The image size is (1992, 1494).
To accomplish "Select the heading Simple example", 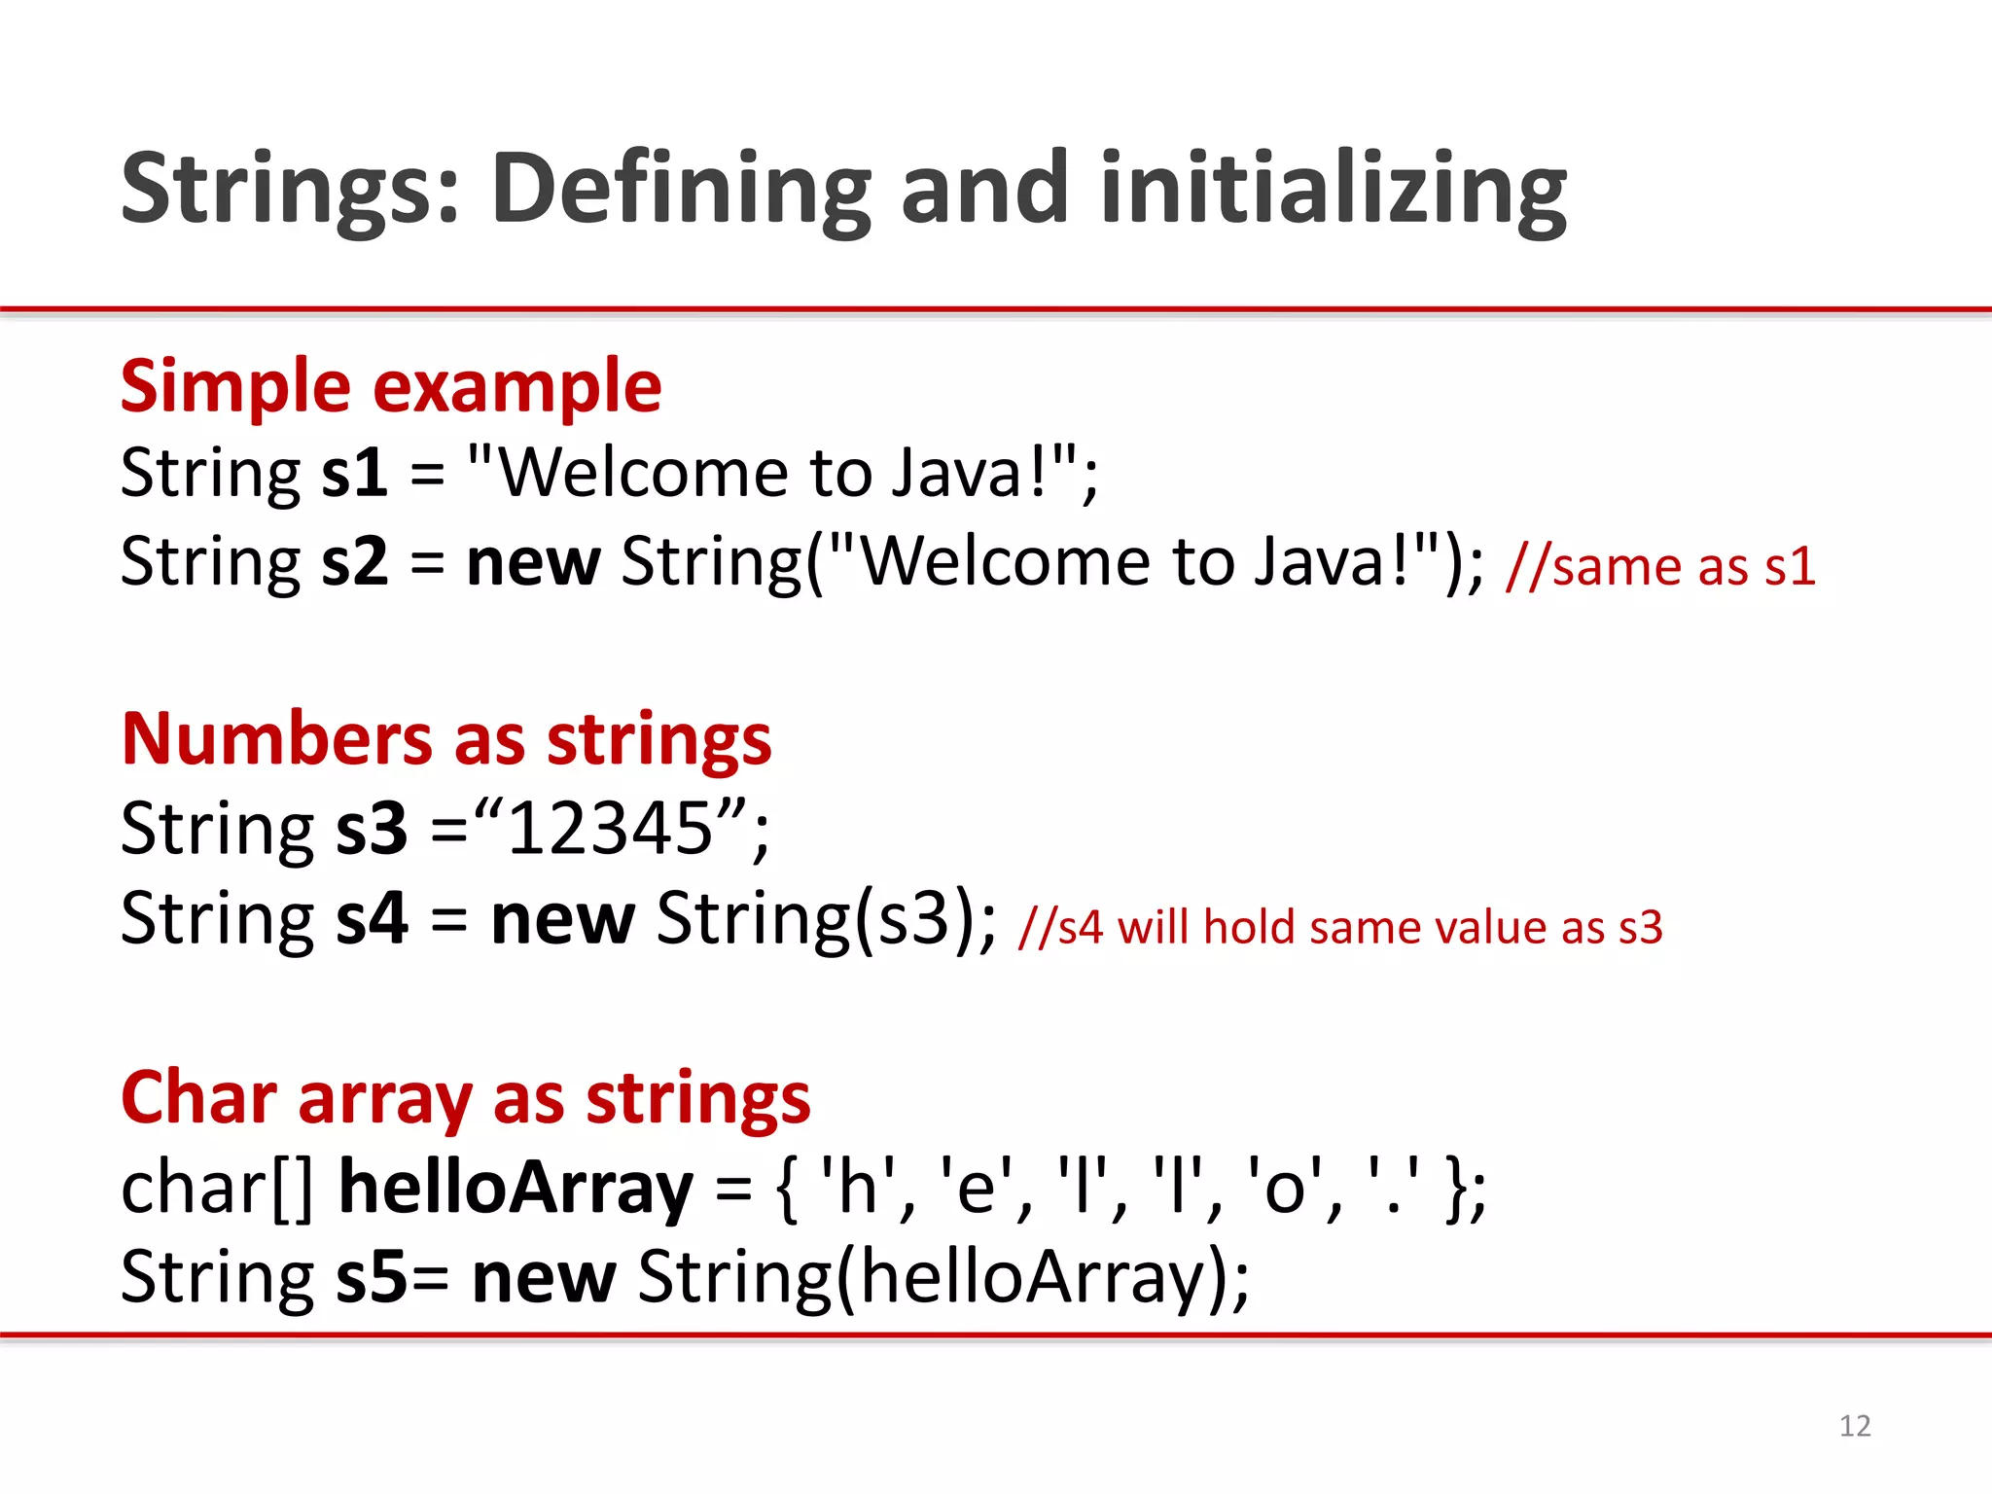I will (391, 387).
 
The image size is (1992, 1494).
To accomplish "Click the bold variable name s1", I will (354, 474).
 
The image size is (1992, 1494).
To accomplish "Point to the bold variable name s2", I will (354, 562).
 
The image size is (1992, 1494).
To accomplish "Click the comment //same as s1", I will (1659, 566).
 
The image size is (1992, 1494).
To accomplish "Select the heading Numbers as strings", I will (446, 739).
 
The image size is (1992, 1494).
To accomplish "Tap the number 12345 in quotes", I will (611, 829).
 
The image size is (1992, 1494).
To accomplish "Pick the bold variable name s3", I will (371, 829).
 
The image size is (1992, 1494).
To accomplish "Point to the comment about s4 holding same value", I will (1339, 927).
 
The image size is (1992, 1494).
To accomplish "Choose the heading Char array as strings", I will (465, 1098).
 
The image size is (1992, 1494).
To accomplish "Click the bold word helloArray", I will (516, 1188).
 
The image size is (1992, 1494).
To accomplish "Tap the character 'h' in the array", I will (857, 1188).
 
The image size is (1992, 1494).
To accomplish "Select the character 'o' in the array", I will (1283, 1188).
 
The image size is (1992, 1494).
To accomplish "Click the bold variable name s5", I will (372, 1277).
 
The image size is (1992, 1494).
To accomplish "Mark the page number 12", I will (1855, 1426).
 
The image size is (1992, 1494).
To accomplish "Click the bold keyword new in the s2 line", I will (533, 562).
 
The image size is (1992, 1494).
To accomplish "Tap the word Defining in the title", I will (681, 190).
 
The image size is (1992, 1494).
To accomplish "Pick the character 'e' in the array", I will (976, 1188).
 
